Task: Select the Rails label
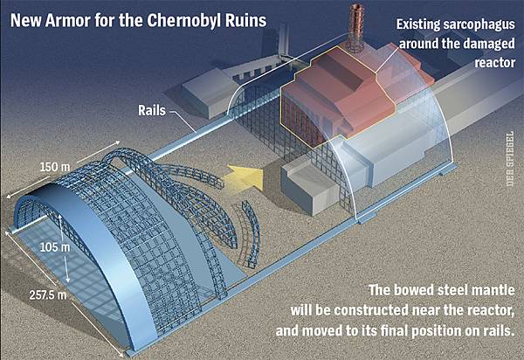coord(153,111)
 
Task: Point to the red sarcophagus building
coord(336,96)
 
